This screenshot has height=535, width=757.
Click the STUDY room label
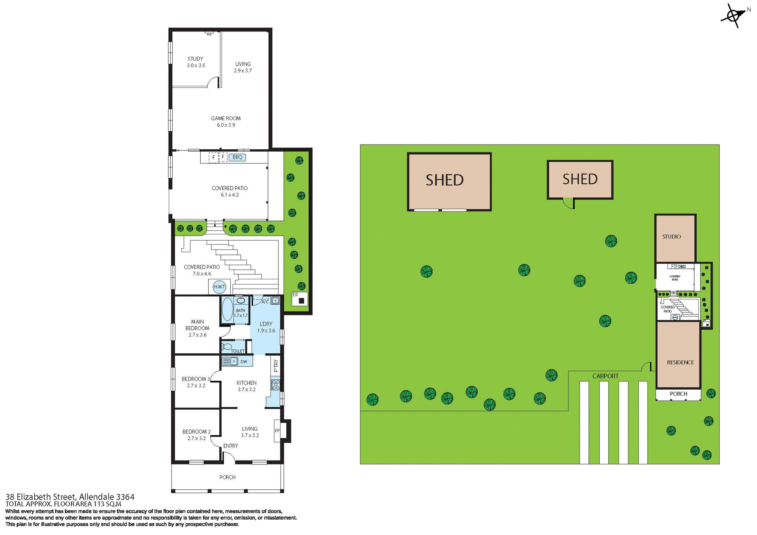(x=195, y=59)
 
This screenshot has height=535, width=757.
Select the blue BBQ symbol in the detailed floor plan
(x=237, y=157)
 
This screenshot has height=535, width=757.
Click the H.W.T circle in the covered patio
(x=219, y=287)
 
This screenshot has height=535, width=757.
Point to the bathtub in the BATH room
(x=227, y=309)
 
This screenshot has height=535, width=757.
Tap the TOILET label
(x=237, y=351)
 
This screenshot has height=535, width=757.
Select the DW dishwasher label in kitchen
(x=244, y=361)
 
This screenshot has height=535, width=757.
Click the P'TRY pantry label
(x=276, y=366)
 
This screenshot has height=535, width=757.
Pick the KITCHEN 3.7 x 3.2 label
(x=246, y=386)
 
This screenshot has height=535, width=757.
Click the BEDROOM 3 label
(x=196, y=379)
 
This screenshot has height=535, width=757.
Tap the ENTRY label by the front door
(x=231, y=446)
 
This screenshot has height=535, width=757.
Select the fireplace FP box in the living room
(x=277, y=431)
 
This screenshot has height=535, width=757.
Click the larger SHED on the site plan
(x=449, y=182)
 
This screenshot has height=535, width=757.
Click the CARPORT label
(x=605, y=376)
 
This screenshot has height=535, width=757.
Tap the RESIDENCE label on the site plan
(x=680, y=362)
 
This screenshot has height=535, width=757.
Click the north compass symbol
(x=733, y=16)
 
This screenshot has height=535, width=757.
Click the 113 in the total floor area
(x=99, y=504)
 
